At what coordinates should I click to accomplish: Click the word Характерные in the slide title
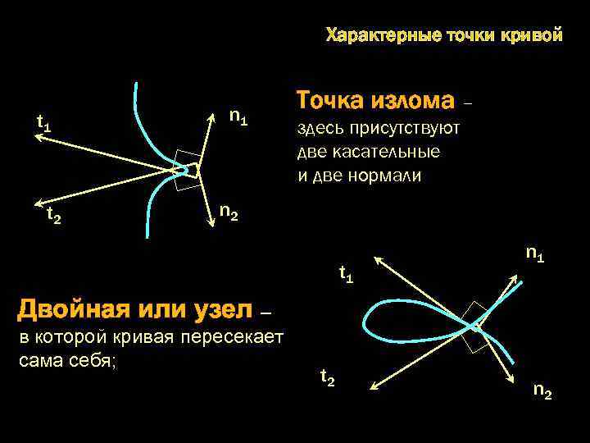point(383,35)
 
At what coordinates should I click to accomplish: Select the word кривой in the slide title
point(537,35)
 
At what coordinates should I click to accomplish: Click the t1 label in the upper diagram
point(44,124)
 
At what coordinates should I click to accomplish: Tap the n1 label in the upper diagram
point(238,117)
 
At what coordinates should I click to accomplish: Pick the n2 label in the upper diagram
point(229,212)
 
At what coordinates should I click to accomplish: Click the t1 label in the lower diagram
point(347,275)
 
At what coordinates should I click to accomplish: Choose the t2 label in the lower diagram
point(327,377)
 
